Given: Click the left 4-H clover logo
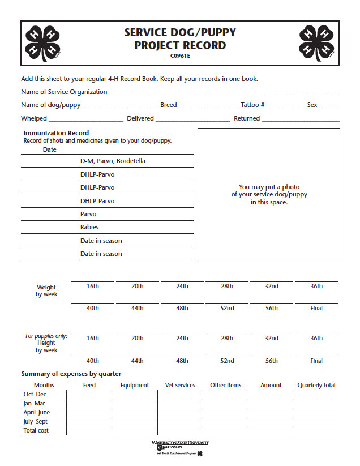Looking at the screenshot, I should click(x=43, y=43).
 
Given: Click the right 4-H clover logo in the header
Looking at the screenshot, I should click(x=317, y=43).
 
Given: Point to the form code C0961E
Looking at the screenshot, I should click(x=179, y=55).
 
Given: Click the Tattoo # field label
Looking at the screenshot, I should click(x=252, y=105).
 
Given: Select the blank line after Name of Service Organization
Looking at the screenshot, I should click(x=224, y=93).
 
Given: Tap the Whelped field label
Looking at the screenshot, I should click(x=34, y=118).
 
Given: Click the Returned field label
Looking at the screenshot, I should click(x=247, y=118).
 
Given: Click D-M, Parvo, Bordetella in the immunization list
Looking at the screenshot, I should click(x=113, y=161).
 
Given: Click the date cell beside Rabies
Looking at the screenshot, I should click(x=49, y=227).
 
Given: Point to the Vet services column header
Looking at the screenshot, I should click(x=180, y=385).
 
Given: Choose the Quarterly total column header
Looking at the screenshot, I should click(x=316, y=385).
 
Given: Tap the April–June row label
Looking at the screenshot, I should click(x=36, y=412).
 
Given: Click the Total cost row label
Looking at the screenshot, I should click(x=36, y=430).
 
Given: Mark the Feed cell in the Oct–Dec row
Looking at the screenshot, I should click(x=89, y=394).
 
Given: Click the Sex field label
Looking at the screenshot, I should click(x=312, y=105).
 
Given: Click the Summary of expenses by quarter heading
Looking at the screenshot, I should click(x=71, y=374).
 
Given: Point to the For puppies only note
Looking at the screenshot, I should click(x=46, y=336).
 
